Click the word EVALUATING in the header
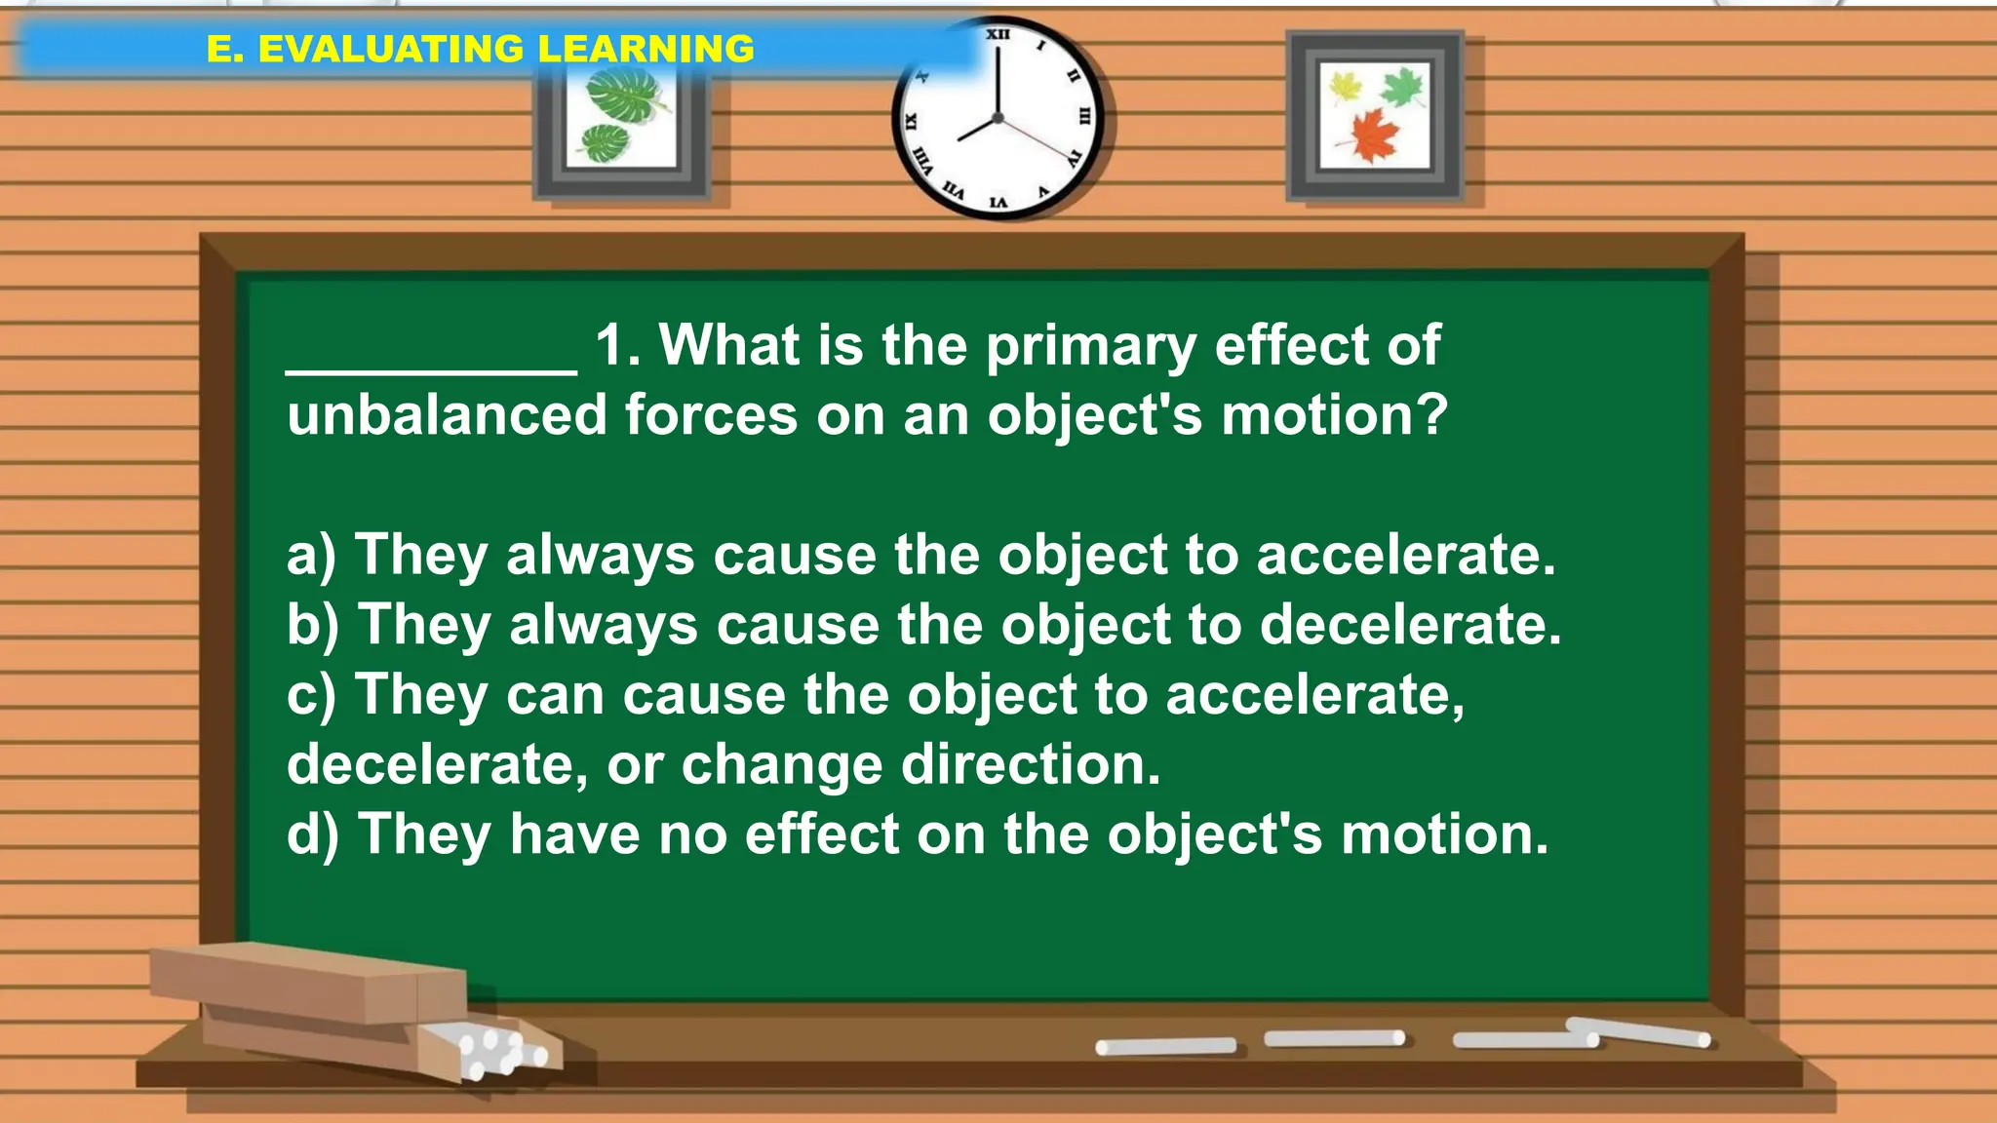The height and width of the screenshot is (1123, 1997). click(390, 49)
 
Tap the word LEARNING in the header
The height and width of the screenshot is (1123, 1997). click(646, 49)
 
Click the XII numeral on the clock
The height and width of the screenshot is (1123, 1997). click(998, 35)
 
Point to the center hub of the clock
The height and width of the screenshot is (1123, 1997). click(998, 118)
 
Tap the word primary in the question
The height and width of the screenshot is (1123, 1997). click(1090, 347)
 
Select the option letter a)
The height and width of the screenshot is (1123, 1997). click(310, 556)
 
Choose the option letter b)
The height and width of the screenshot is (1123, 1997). click(312, 625)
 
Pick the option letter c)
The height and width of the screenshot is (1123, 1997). click(310, 695)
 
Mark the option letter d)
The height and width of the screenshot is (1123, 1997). click(312, 835)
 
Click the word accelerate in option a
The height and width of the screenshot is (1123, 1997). click(1404, 556)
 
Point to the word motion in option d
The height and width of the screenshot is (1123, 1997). click(1443, 835)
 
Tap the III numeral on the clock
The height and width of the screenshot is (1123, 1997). click(1084, 116)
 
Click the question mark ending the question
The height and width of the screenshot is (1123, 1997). click(1429, 415)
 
